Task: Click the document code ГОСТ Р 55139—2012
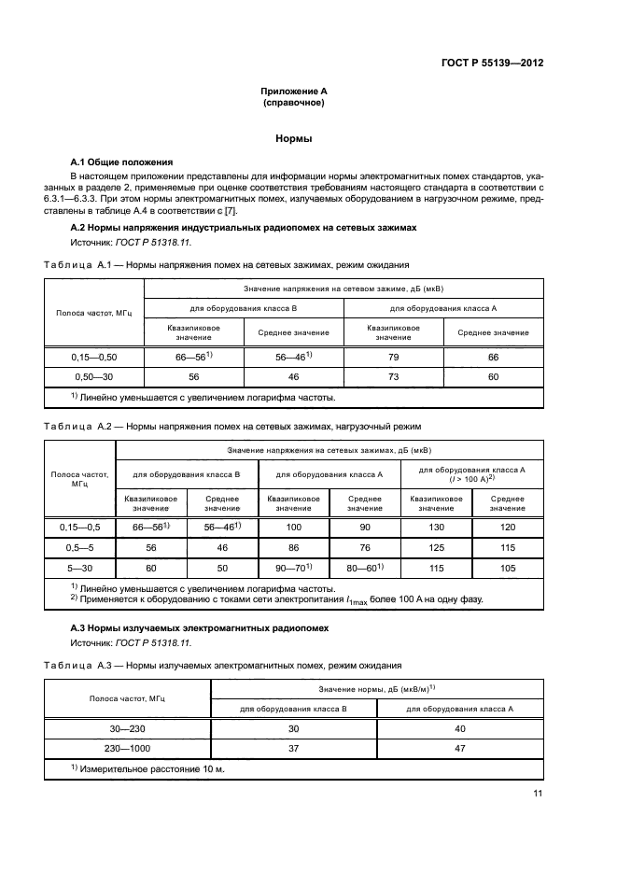tap(492, 64)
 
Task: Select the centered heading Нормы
tap(293, 138)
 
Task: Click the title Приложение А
tap(293, 92)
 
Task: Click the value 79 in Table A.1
tap(394, 357)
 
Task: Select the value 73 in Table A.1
tap(394, 376)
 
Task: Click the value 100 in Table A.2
tap(293, 528)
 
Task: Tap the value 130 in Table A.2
tap(436, 528)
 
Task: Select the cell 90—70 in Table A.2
tap(291, 567)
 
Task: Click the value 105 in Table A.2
tap(508, 567)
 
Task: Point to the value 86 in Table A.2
tap(293, 547)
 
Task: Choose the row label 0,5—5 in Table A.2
tap(79, 547)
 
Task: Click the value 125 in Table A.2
tap(436, 547)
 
